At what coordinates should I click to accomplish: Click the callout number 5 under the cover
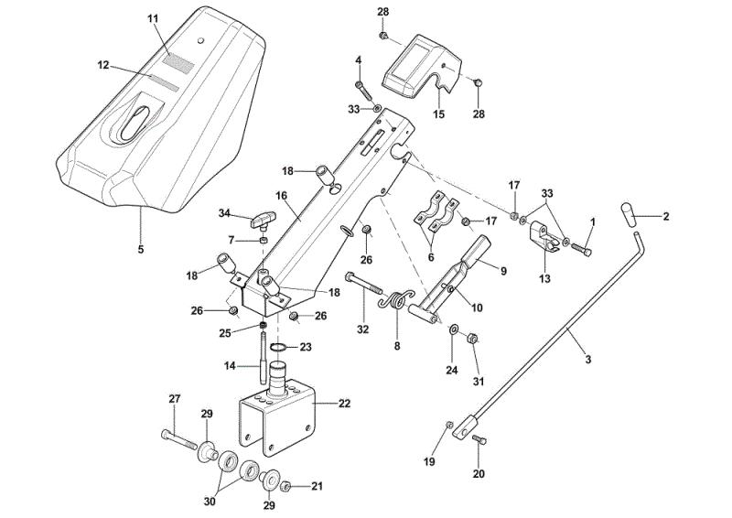pos(141,250)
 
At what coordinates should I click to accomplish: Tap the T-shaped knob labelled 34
pos(264,221)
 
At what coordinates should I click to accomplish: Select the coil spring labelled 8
pos(396,300)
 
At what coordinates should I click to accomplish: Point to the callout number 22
pos(344,403)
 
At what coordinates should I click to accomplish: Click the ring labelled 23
pos(279,347)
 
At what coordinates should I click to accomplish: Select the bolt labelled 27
pos(179,439)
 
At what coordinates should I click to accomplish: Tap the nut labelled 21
pos(286,488)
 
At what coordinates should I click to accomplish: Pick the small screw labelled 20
pos(479,439)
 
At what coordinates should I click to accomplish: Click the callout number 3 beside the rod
pos(587,360)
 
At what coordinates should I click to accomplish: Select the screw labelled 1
pos(582,250)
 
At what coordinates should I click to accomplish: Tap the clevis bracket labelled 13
pos(544,236)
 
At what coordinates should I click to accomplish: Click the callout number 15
pos(439,114)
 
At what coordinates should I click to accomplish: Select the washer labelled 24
pos(453,330)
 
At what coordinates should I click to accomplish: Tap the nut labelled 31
pos(471,337)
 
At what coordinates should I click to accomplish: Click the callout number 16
pos(282,195)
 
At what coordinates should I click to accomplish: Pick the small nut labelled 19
pos(449,424)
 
